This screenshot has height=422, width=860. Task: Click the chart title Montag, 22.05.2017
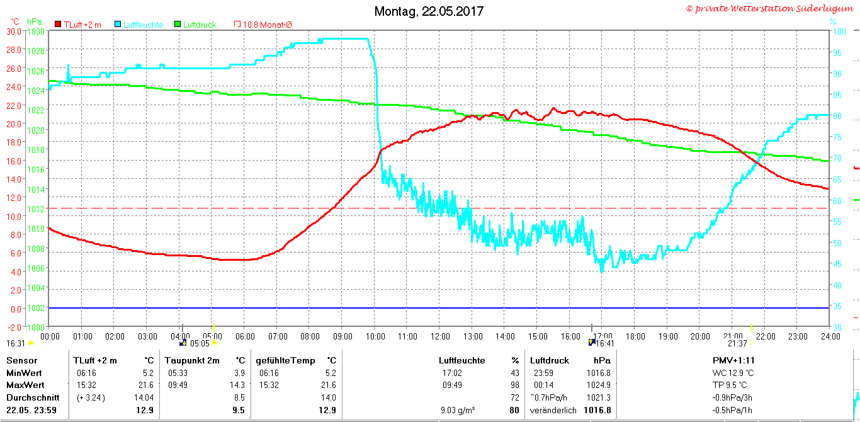[x=429, y=11]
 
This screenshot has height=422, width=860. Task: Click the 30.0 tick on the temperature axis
[x=14, y=31]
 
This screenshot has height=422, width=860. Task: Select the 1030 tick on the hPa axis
[x=36, y=31]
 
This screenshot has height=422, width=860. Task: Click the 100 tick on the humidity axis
[x=839, y=31]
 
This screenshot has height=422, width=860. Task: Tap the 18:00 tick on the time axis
[x=635, y=336]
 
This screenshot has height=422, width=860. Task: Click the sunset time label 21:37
[x=737, y=344]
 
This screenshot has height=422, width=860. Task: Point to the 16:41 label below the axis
[x=604, y=344]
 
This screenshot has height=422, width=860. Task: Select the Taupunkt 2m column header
[x=192, y=361]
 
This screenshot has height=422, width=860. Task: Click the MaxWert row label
[x=25, y=384]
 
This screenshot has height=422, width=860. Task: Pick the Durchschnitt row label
[x=33, y=397]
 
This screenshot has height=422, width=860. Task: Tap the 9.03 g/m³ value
[x=457, y=411]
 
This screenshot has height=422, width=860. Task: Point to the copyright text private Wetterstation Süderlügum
[x=771, y=8]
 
